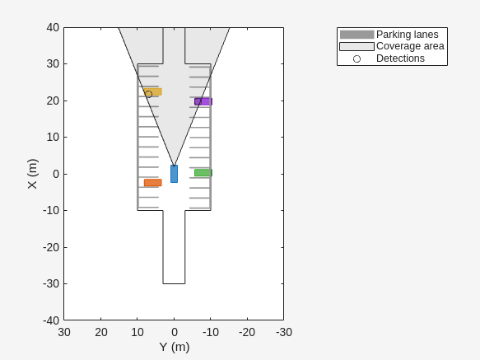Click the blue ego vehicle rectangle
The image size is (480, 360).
coord(174,174)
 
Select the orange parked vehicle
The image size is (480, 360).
coord(153,183)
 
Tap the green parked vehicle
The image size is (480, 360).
coord(203,173)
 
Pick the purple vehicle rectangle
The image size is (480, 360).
coord(203,101)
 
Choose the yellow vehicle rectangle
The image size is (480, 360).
coord(153,91)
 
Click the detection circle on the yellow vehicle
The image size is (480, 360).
coord(148,95)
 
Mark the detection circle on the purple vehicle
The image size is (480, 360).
coord(198,101)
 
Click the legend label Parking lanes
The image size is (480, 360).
coord(408,35)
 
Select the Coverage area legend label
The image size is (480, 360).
coord(410,46)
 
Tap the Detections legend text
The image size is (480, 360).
coord(400,58)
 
